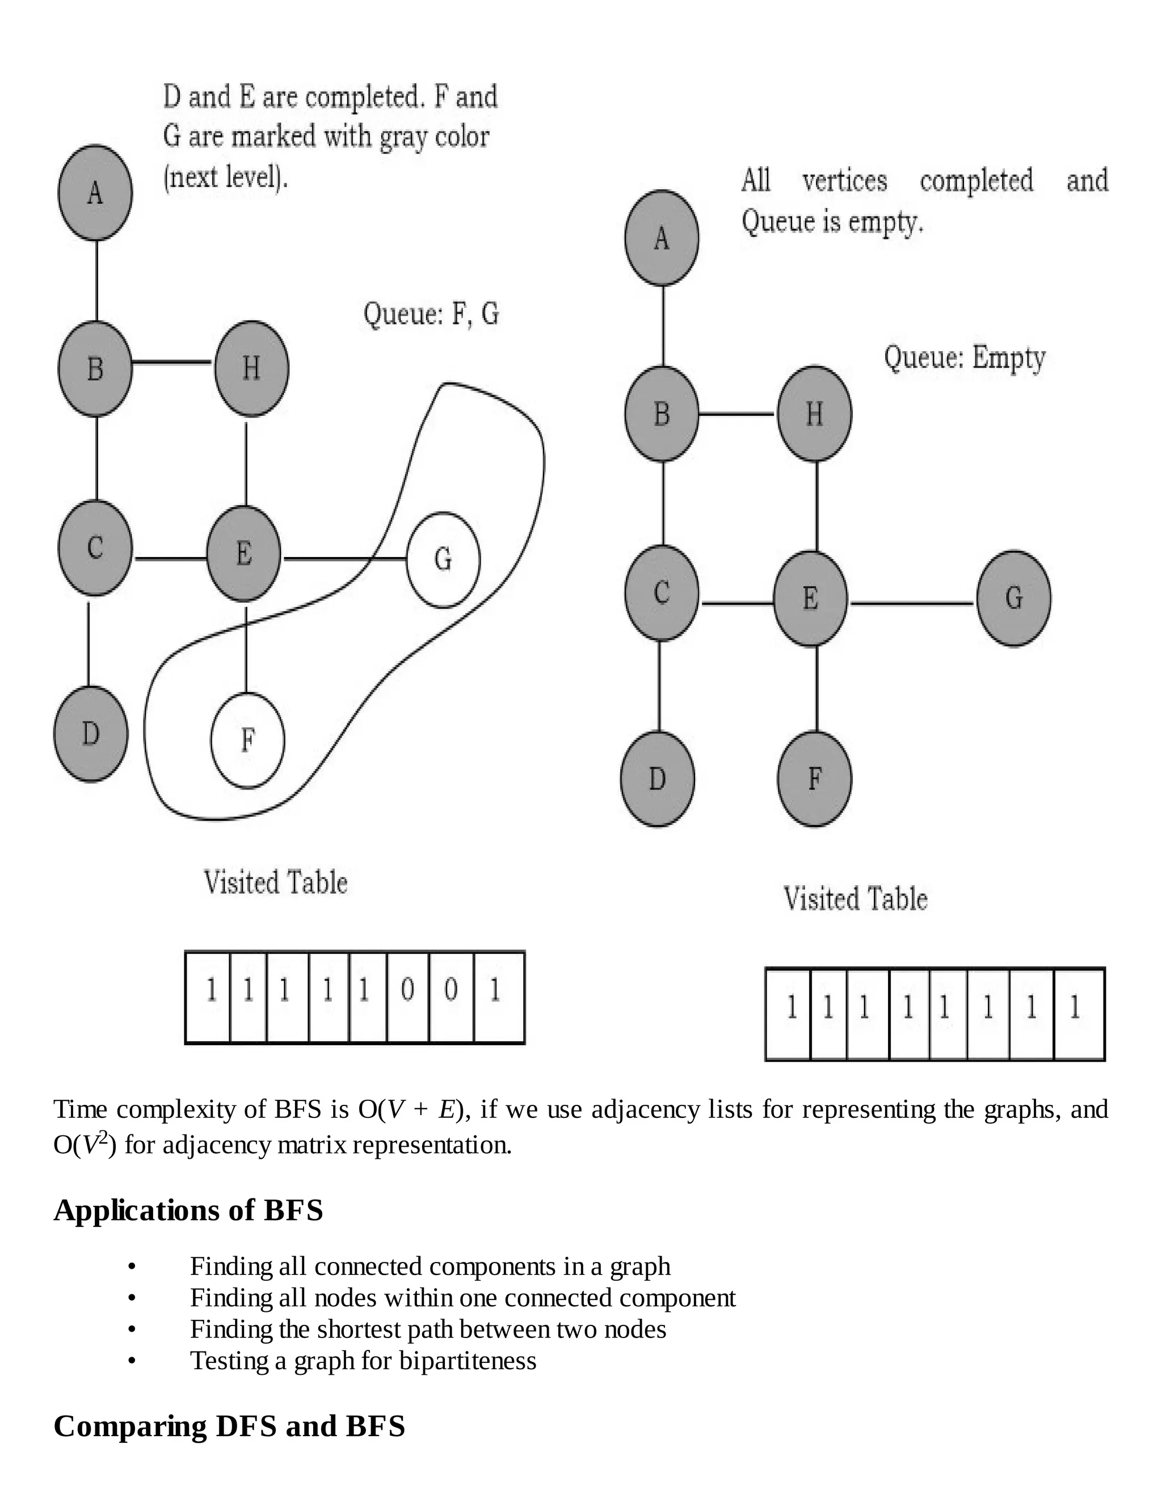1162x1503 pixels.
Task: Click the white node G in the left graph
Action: coord(443,559)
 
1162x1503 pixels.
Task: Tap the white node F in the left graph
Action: coord(247,741)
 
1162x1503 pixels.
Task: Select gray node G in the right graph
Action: coord(1013,598)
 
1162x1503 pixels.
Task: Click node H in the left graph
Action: coord(251,368)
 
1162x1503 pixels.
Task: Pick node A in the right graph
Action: coord(662,238)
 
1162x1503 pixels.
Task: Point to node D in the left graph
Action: coord(91,733)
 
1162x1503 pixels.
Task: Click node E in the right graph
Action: coord(810,598)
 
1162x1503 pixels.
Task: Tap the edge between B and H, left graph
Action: coord(172,362)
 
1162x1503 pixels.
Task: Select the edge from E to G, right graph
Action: coord(912,603)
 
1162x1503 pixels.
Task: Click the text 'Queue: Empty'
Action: coord(965,358)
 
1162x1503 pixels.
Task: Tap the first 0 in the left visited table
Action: coord(407,991)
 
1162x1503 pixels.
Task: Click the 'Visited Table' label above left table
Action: coord(275,883)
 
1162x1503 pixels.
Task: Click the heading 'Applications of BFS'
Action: coord(188,1228)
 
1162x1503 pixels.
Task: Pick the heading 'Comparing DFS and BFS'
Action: coord(229,1426)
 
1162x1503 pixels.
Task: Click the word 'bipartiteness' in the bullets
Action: coord(468,1361)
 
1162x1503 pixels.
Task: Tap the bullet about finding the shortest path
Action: coord(427,1329)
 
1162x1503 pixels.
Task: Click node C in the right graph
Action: coord(662,593)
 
